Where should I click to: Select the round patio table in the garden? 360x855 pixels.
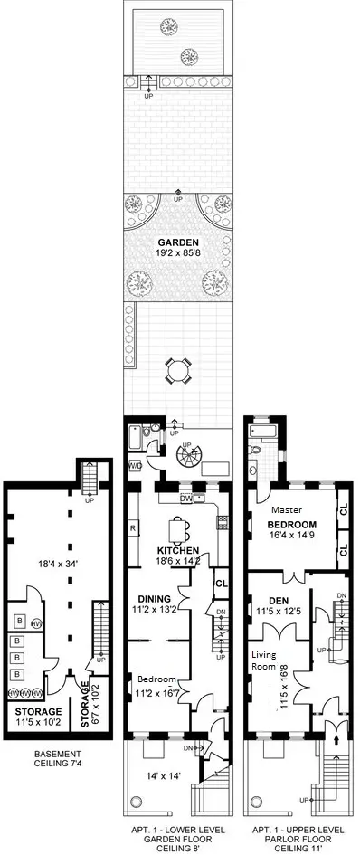click(177, 369)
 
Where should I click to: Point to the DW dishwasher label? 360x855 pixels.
click(185, 499)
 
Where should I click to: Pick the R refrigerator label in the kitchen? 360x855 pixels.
click(133, 527)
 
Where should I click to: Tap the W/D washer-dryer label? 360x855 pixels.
click(135, 467)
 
